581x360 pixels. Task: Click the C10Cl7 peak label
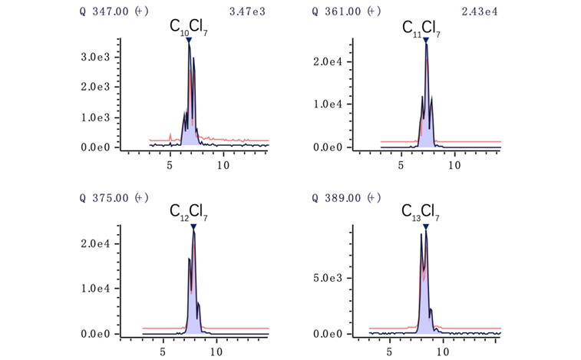(188, 27)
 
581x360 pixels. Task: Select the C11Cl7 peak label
(421, 28)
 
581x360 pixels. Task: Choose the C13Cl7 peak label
(421, 213)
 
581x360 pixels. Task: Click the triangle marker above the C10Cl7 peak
(189, 40)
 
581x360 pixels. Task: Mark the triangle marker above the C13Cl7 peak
(425, 226)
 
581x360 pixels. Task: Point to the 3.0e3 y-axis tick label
(97, 57)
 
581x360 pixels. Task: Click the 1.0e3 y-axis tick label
(97, 117)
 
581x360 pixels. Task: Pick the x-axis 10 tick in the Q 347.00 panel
(223, 165)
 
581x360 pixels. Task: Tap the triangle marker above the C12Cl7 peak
(193, 226)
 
